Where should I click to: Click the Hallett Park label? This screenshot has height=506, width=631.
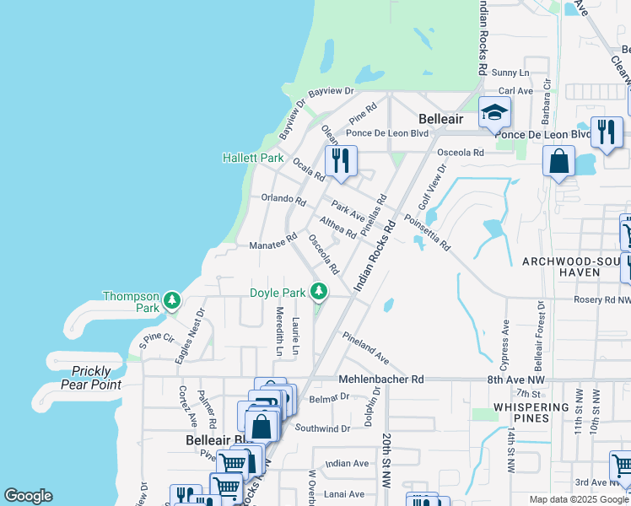252,158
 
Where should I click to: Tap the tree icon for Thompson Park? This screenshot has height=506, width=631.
172,300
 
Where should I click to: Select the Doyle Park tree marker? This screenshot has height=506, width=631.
318,292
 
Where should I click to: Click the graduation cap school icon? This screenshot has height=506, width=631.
494,112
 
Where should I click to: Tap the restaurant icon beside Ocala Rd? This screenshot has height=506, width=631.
341,161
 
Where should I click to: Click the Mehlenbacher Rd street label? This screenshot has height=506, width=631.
380,380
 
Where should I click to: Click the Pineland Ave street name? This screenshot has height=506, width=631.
365,347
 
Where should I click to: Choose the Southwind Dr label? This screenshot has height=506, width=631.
322,428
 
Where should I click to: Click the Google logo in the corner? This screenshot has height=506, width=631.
28,496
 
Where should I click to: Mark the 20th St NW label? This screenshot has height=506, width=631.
386,461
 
